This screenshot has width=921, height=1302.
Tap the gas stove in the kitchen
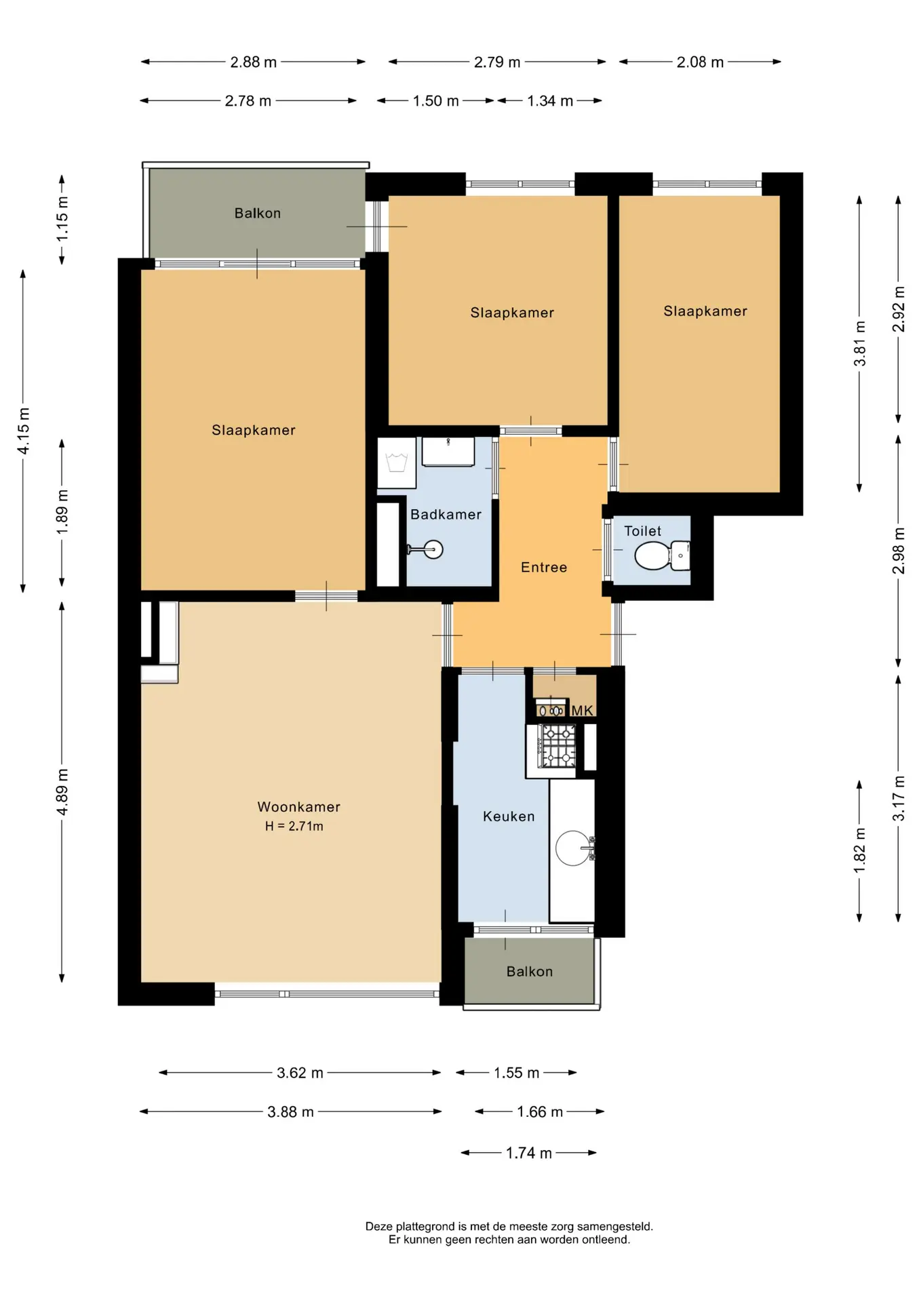tap(556, 746)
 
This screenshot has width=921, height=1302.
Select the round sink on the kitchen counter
tap(573, 848)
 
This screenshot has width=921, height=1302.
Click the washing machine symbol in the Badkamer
tap(396, 463)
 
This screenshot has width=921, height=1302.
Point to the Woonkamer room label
tap(298, 807)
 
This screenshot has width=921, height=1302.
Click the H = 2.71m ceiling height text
tap(294, 826)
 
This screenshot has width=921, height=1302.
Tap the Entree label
tap(544, 568)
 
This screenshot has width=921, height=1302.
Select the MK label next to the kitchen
tap(582, 711)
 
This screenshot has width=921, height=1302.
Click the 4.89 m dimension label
tap(62, 793)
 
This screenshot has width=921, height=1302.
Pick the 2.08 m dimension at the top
tap(700, 62)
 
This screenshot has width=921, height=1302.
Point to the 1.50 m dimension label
tap(436, 101)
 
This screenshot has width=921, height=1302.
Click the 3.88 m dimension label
tap(290, 1112)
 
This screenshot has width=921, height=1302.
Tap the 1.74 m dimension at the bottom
tap(529, 1153)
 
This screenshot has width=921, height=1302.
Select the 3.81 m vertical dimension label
tap(860, 343)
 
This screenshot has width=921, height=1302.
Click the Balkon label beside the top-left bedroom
tap(258, 213)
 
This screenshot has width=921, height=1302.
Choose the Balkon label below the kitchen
tap(530, 972)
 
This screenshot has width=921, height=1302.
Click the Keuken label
tap(509, 816)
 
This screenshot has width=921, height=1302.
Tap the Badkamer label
tap(446, 515)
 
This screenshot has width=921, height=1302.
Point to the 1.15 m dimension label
tap(62, 219)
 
